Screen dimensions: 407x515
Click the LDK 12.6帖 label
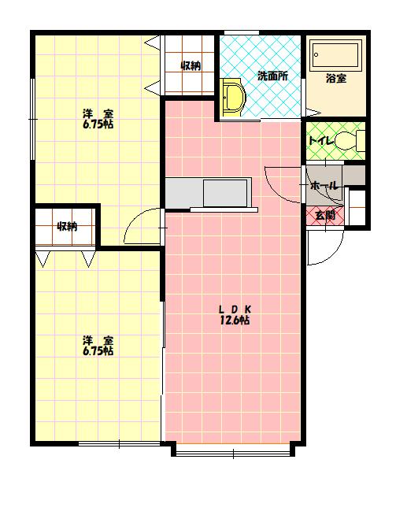[x=235, y=315]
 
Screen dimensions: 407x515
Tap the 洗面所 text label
[x=272, y=76]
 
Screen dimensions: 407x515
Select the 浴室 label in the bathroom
[x=336, y=78]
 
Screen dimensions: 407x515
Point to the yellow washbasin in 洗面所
[x=233, y=97]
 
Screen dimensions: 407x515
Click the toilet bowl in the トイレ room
[x=349, y=141]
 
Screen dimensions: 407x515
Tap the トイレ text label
[x=320, y=141]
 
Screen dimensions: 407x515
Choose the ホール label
[x=324, y=186]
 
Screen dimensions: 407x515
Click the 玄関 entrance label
[x=325, y=216]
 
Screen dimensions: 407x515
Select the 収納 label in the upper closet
[x=191, y=65]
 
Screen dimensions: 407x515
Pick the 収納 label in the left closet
[x=67, y=226]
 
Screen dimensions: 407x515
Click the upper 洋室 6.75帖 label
[x=98, y=119]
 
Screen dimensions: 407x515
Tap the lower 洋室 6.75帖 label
[x=98, y=346]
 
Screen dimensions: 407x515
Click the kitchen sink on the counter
[x=225, y=193]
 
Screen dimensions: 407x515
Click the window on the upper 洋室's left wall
[x=32, y=119]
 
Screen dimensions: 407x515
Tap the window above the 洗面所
[x=242, y=32]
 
